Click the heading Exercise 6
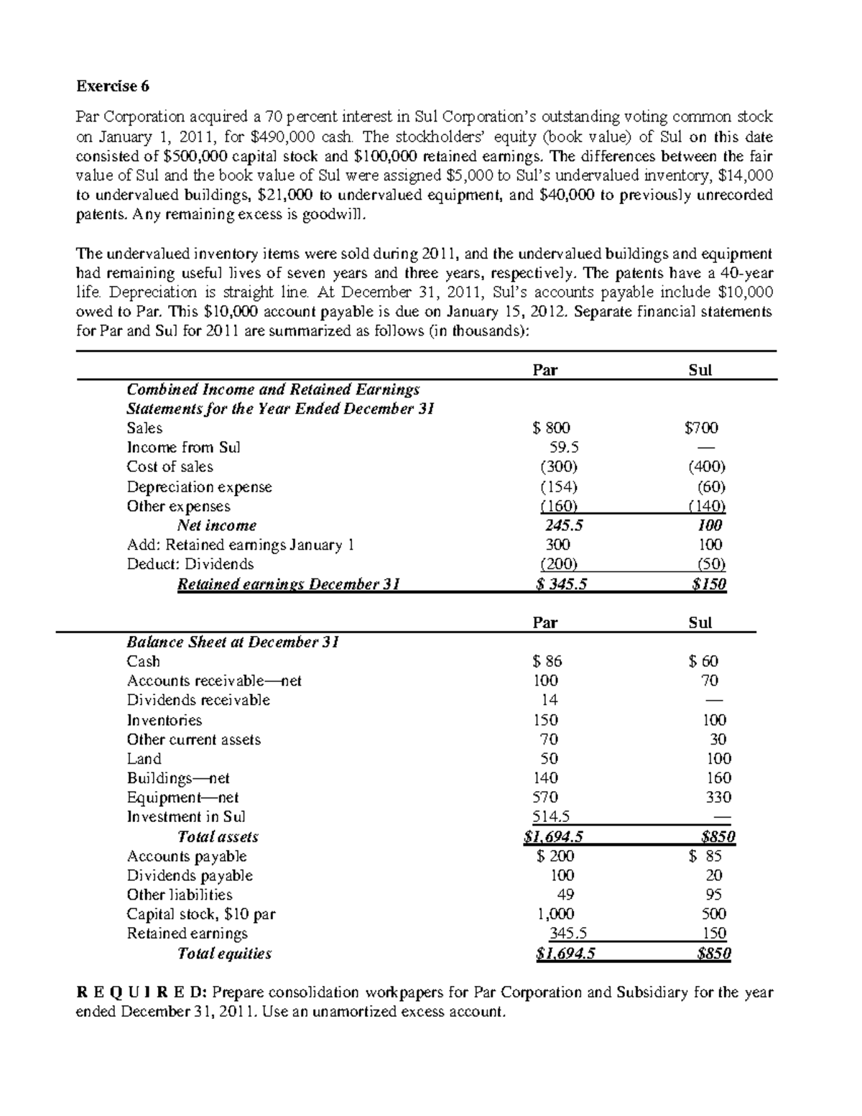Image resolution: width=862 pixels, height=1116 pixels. [x=113, y=86]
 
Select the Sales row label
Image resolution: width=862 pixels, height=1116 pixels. [x=144, y=428]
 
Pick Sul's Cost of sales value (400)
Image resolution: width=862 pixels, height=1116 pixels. [x=707, y=467]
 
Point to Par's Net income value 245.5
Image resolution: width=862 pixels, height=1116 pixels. [x=559, y=525]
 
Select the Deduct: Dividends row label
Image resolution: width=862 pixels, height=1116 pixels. [x=190, y=564]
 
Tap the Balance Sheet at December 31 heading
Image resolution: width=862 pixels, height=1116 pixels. [x=233, y=642]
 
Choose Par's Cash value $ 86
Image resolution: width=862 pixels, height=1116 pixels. [x=547, y=661]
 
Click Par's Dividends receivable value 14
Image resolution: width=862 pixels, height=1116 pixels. [x=550, y=700]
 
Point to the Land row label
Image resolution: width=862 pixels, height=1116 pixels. [x=144, y=759]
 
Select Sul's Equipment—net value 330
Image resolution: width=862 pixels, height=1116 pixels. [x=718, y=798]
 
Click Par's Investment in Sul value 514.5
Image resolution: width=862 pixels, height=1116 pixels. [x=550, y=817]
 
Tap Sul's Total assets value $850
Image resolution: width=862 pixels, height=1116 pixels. [x=718, y=836]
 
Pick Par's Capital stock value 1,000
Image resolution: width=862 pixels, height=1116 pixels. [x=555, y=914]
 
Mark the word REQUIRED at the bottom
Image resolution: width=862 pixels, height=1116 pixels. [x=142, y=992]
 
